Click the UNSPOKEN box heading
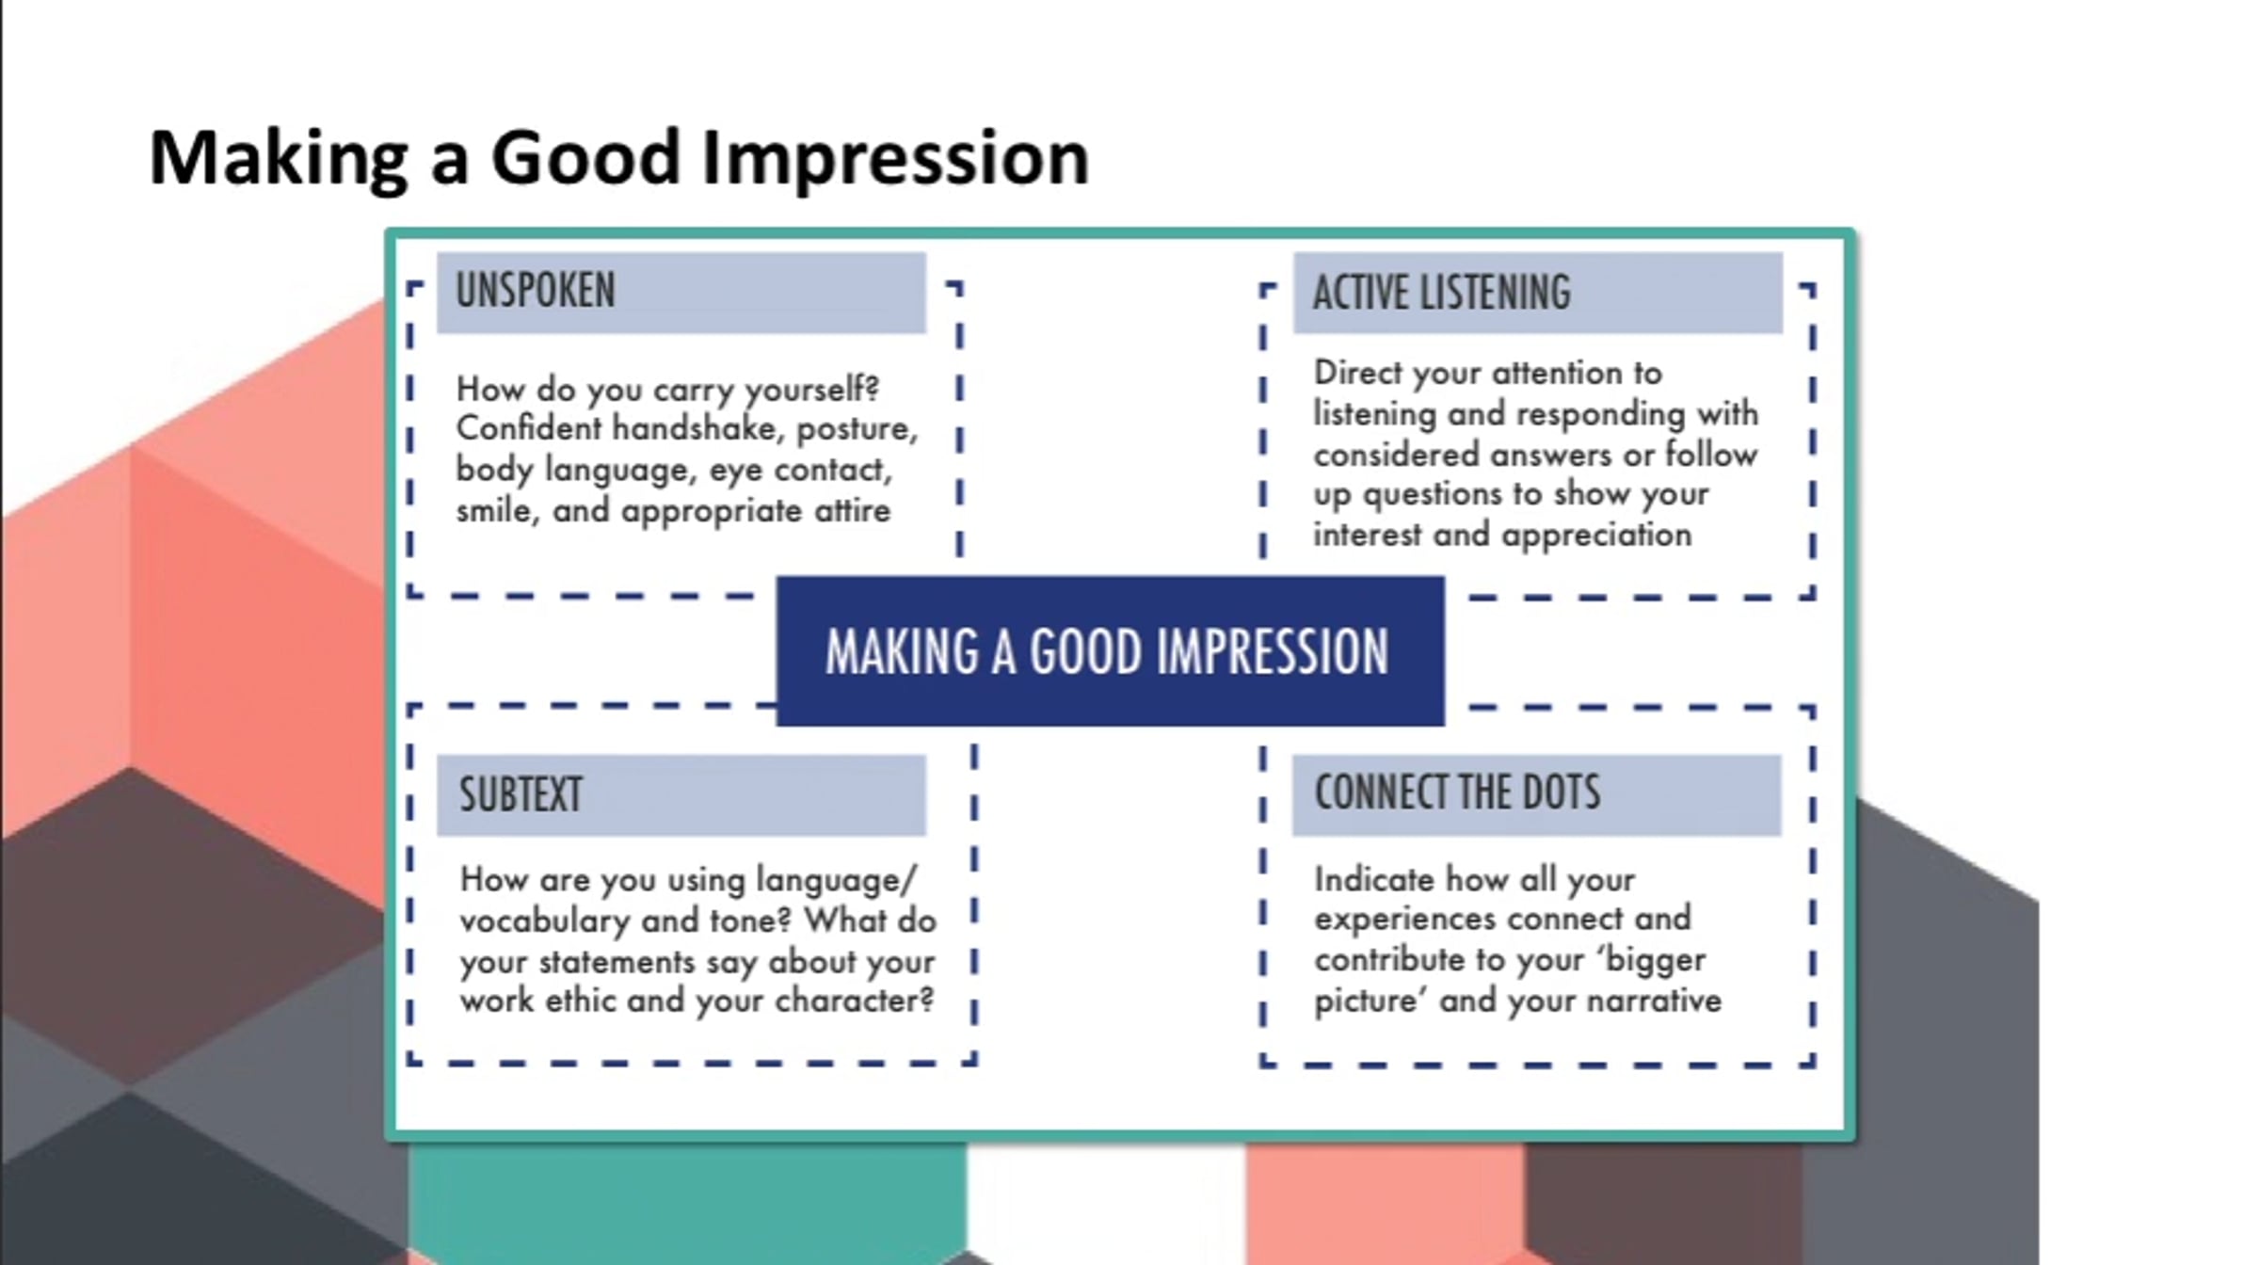coord(536,290)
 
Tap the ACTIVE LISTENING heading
coord(1442,292)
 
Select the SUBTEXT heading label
coord(521,794)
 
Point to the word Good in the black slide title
coord(585,156)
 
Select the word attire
coord(852,511)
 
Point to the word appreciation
coord(1596,536)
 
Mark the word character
coord(854,1001)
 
